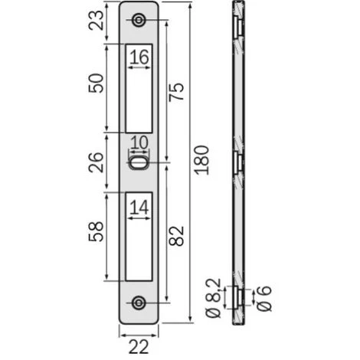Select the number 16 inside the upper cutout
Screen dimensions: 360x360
tap(139, 57)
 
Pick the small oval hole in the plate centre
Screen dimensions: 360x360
tap(139, 162)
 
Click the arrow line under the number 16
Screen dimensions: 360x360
tap(139, 68)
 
